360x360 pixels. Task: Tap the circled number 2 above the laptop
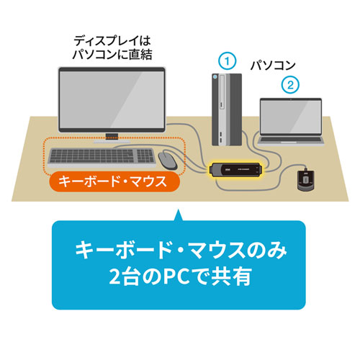click(x=289, y=84)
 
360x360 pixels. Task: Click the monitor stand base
click(x=113, y=138)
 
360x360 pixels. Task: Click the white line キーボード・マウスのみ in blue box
click(x=180, y=252)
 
